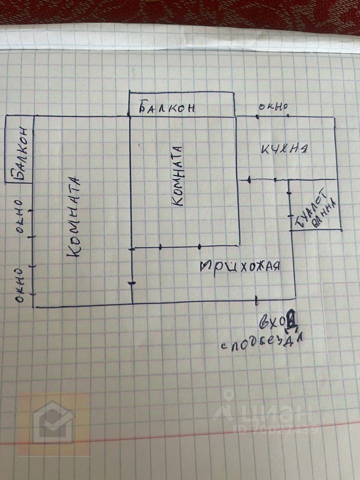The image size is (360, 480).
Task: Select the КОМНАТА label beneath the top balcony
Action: click(178, 175)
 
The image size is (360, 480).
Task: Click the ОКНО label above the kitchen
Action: click(273, 107)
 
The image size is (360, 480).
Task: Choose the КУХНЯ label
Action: click(283, 148)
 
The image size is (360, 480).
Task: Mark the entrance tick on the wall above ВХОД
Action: click(256, 300)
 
